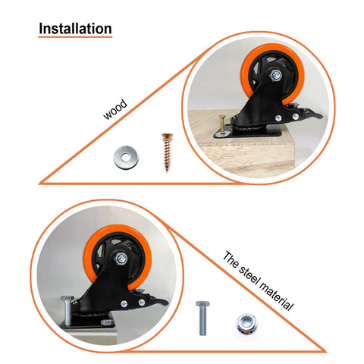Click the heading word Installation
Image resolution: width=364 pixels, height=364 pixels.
pos(75,29)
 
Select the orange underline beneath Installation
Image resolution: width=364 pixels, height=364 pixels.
pos(75,38)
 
